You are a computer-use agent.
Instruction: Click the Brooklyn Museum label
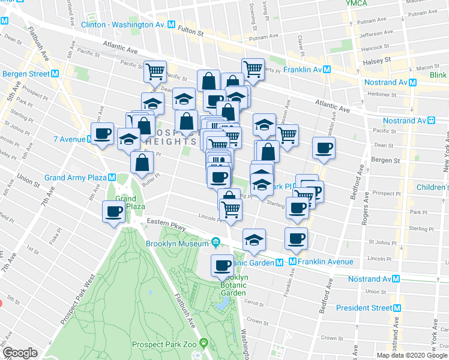pyautogui.click(x=178, y=244)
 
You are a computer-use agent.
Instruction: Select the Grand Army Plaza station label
pyautogui.click(x=76, y=178)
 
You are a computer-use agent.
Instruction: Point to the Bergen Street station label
pyautogui.click(x=26, y=74)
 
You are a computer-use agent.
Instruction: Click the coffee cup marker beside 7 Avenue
pyautogui.click(x=103, y=134)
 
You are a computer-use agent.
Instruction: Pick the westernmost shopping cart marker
pyautogui.click(x=155, y=72)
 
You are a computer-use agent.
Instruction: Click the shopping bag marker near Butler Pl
pyautogui.click(x=142, y=163)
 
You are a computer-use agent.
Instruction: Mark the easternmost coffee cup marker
pyautogui.click(x=324, y=148)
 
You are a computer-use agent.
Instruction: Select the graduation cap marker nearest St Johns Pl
pyautogui.click(x=255, y=240)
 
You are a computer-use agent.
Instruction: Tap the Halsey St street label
pyautogui.click(x=379, y=61)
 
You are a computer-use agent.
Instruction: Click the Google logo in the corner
pyautogui.click(x=20, y=353)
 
